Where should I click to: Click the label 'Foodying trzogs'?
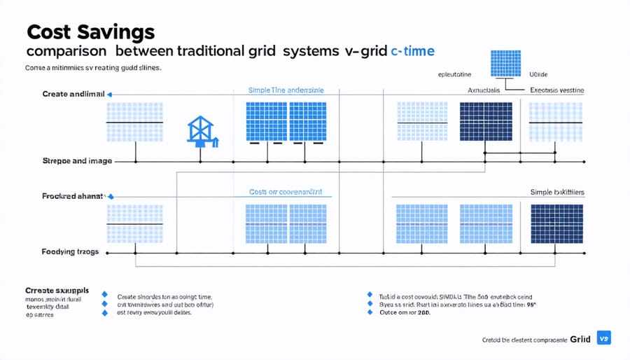[70, 251]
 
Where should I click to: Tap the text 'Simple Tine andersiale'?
[286, 90]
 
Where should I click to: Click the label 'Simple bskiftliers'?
[556, 192]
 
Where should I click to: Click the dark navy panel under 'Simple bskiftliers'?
[556, 223]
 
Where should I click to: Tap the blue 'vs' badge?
[605, 338]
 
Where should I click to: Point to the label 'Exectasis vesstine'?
[557, 90]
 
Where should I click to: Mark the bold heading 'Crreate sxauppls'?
[57, 289]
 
